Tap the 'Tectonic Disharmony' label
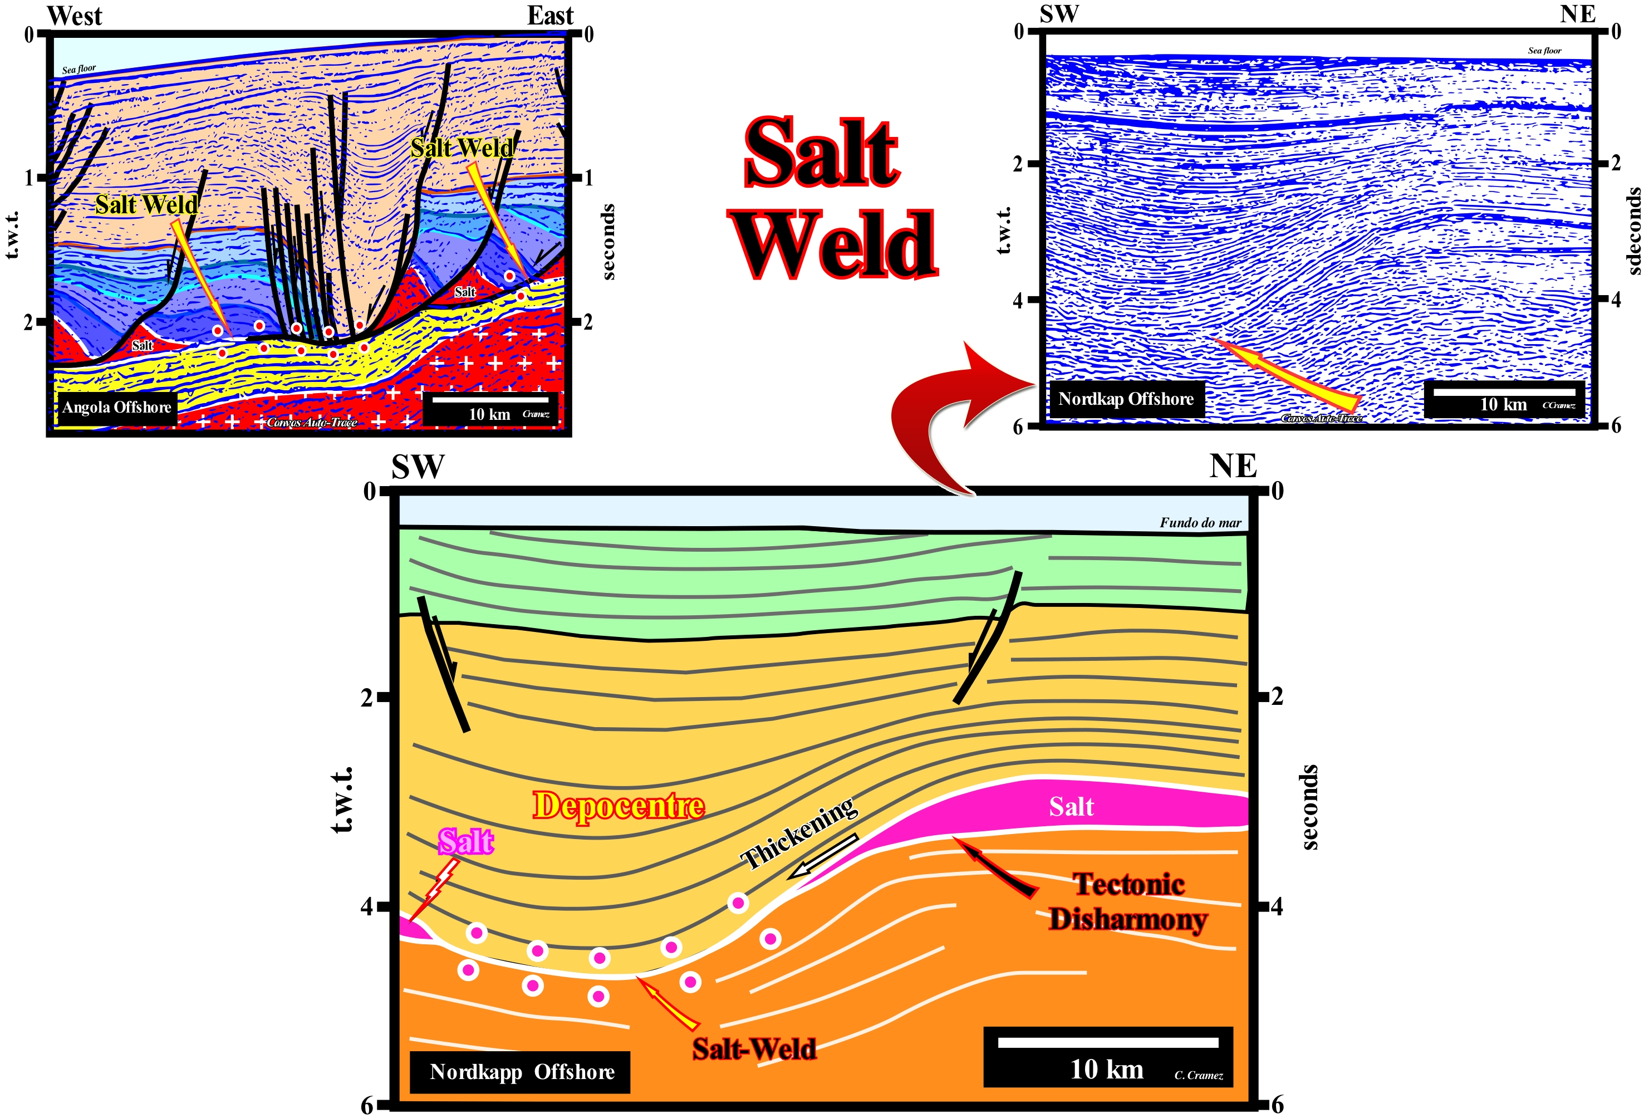1128,901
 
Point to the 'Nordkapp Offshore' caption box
521,1072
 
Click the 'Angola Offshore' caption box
117,408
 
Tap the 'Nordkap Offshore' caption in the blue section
1126,399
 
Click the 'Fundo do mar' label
1200,523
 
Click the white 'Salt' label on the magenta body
1071,807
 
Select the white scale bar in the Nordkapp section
1108,1042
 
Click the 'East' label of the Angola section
549,16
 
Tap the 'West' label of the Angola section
75,16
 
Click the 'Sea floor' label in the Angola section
78,70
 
